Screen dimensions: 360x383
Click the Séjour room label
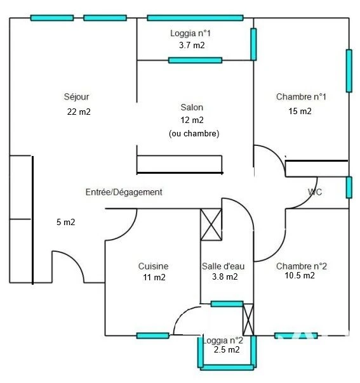[x=76, y=97]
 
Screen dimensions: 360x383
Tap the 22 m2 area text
[x=79, y=112]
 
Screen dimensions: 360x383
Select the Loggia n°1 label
[x=190, y=33]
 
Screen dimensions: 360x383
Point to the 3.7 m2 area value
[x=192, y=45]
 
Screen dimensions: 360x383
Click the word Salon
[x=192, y=107]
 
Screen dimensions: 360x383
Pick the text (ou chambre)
[x=194, y=133]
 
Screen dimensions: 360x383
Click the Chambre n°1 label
[x=301, y=97]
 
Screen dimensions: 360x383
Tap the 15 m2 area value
[x=300, y=112]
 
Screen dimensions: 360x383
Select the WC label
[x=315, y=192]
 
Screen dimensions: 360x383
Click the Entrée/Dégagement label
[x=124, y=192]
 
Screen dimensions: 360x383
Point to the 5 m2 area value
[x=65, y=222]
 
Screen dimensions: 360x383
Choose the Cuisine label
[x=154, y=266]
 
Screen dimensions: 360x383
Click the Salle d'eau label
[x=223, y=266]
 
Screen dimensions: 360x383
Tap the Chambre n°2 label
[x=302, y=266]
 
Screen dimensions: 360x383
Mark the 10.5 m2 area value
[x=300, y=276]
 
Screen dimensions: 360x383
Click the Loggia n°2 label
[x=223, y=341]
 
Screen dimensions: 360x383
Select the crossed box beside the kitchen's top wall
[x=211, y=224]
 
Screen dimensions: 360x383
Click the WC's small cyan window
[x=349, y=187]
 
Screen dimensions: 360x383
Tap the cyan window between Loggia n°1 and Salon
[x=195, y=60]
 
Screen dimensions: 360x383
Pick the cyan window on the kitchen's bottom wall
[x=153, y=335]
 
